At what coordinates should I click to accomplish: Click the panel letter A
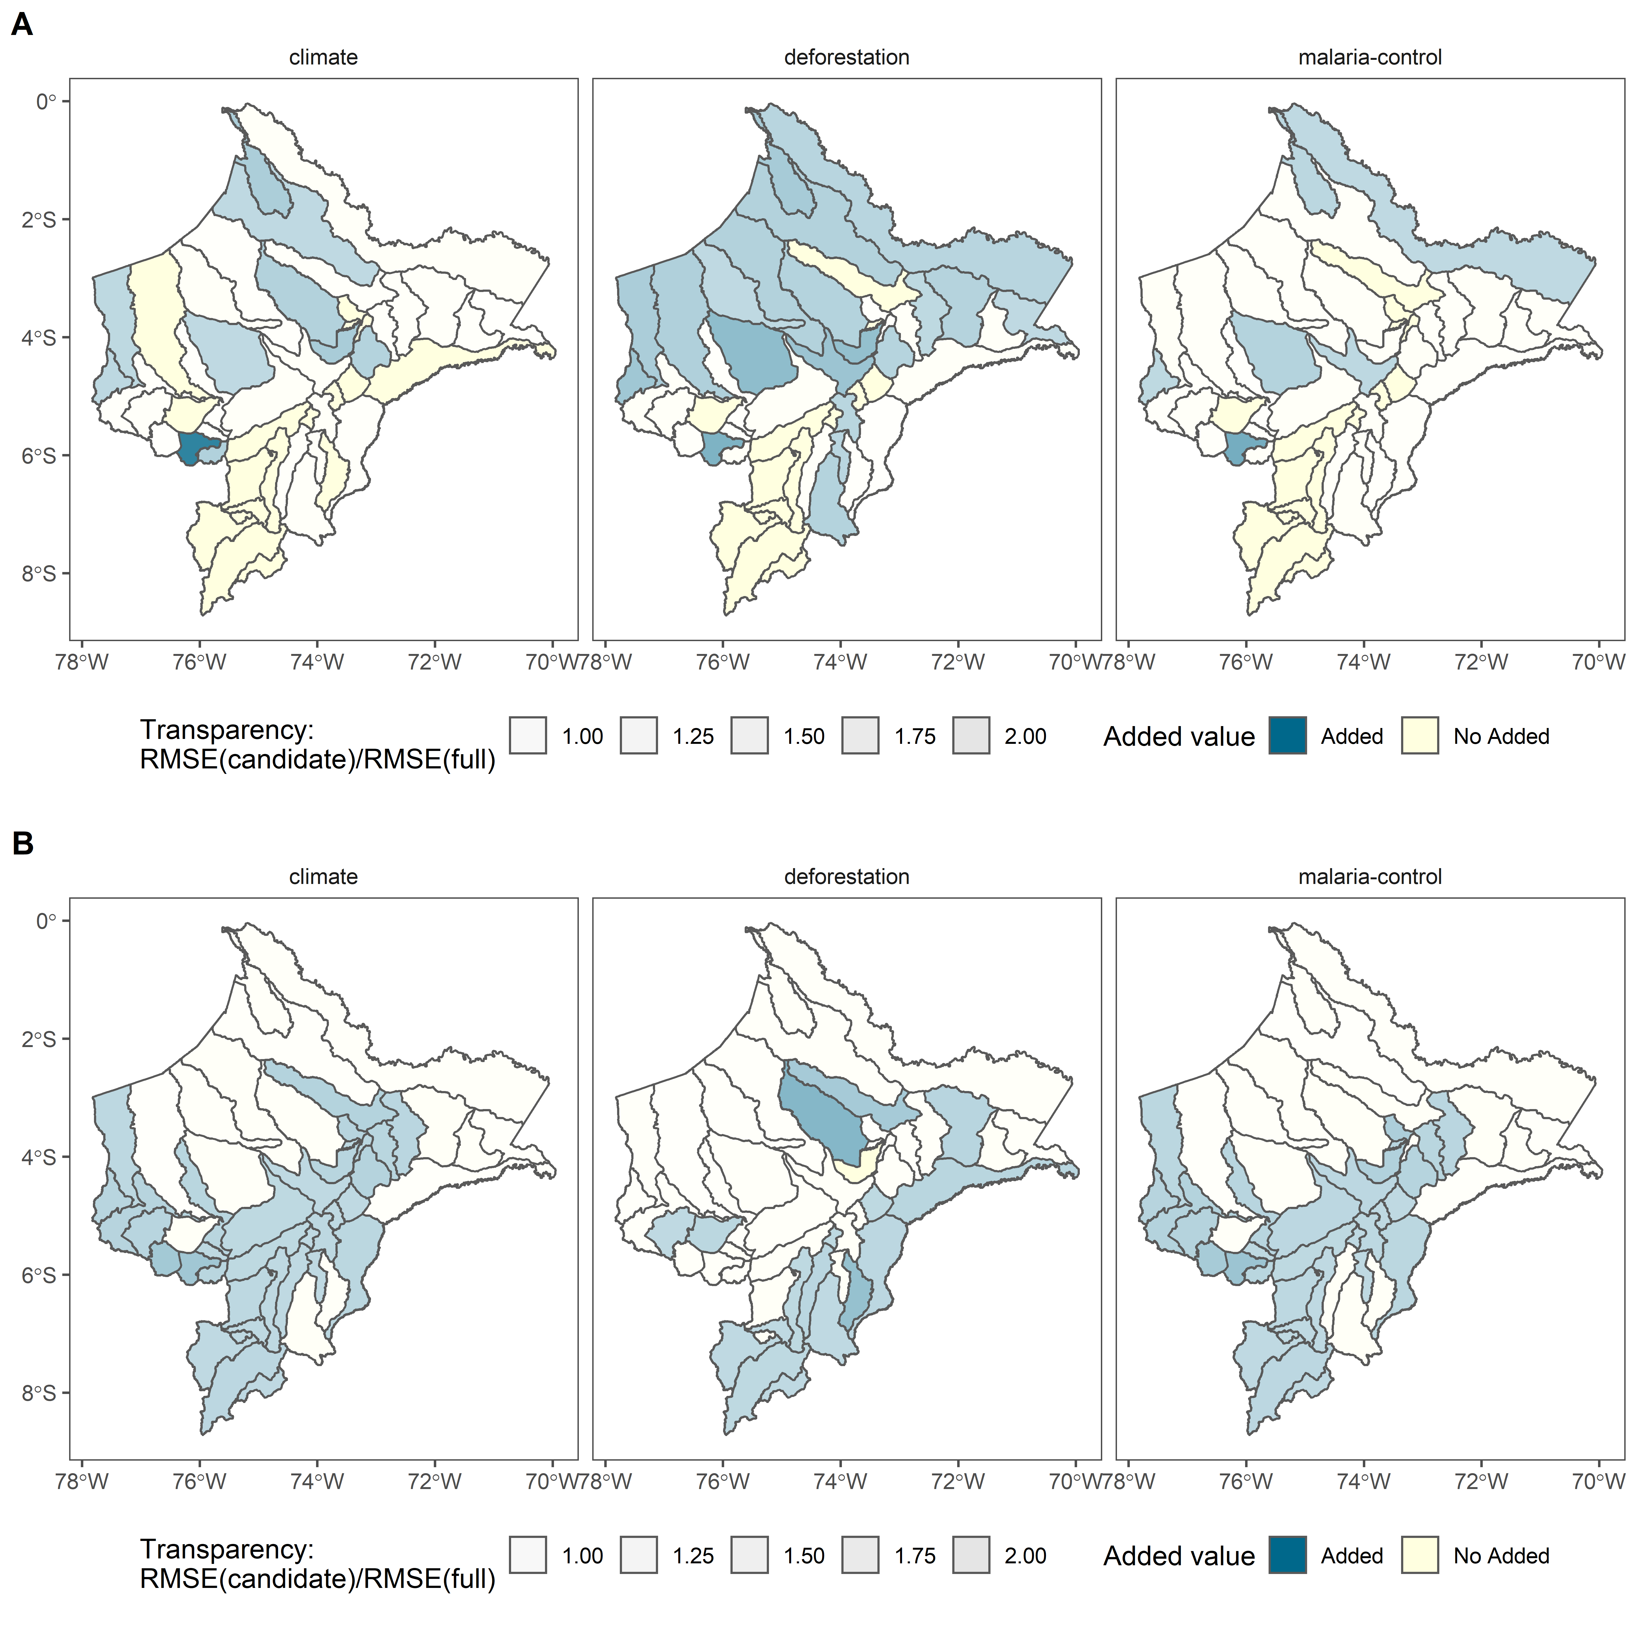tap(22, 25)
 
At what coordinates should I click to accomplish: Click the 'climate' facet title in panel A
tap(323, 58)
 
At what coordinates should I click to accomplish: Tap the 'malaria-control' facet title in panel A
tap(1369, 58)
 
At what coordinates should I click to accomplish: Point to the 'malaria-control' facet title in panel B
tap(1369, 876)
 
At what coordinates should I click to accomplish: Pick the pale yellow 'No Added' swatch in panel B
tap(1419, 1555)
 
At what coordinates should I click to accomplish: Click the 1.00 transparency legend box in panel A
tap(528, 736)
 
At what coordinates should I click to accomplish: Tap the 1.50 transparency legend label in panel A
tap(803, 736)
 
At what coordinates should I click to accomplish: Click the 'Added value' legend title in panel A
tap(1178, 736)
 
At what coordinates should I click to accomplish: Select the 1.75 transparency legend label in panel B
tap(915, 1556)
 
